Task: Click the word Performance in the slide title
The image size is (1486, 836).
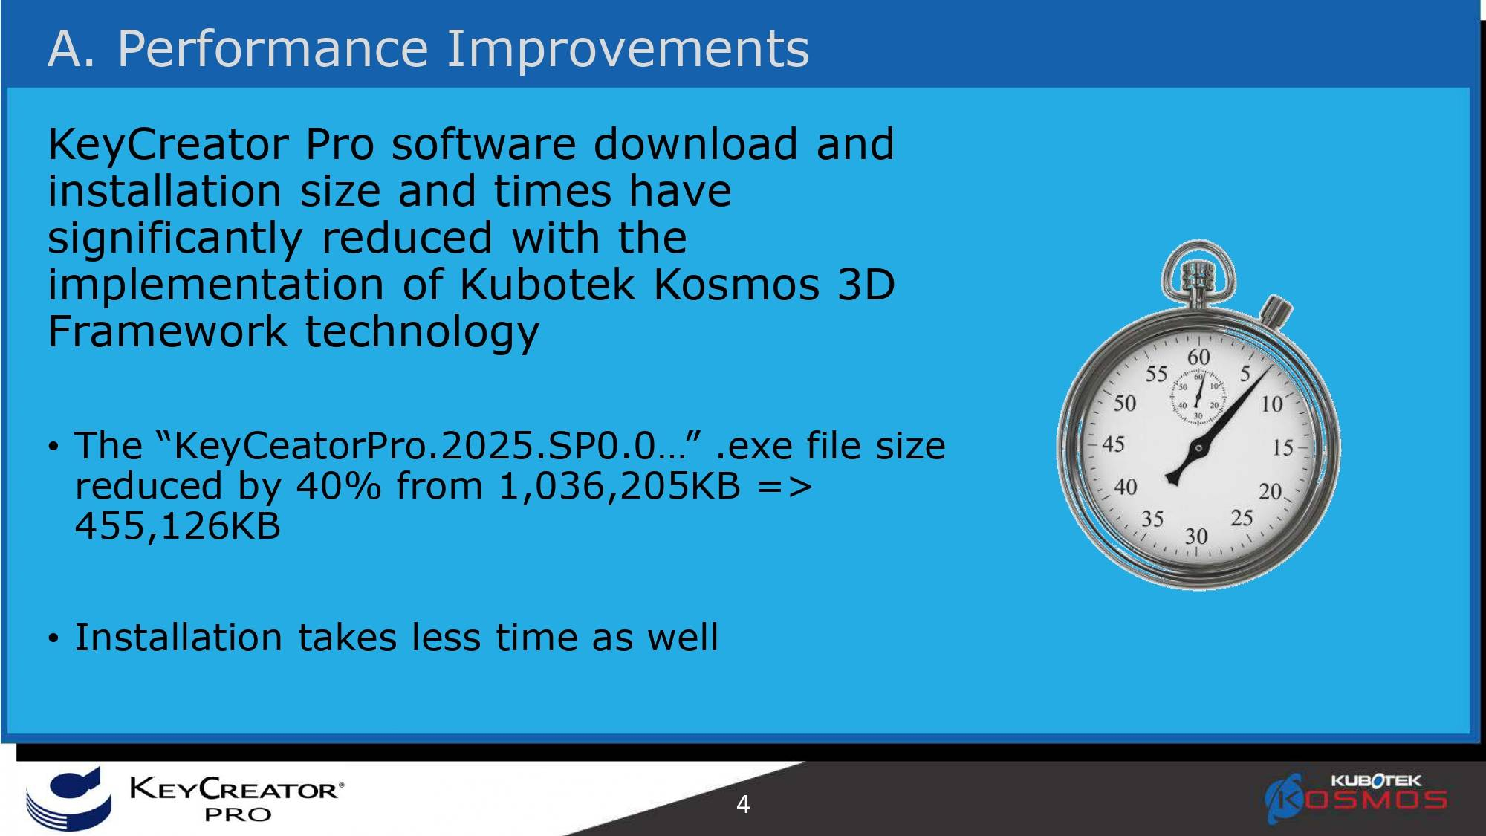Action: click(x=273, y=49)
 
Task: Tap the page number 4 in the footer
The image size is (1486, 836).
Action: click(x=743, y=804)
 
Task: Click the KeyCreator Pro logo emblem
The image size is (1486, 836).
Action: click(x=68, y=798)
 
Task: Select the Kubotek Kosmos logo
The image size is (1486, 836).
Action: click(x=1357, y=798)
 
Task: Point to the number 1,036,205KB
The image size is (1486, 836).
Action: click(x=620, y=487)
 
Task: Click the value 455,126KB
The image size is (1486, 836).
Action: click(x=178, y=526)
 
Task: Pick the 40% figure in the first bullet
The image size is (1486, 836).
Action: click(x=338, y=486)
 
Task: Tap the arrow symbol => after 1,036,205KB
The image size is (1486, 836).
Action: click(x=785, y=487)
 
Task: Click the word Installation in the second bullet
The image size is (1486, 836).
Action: click(x=178, y=637)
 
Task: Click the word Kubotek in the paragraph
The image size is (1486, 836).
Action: click(x=548, y=284)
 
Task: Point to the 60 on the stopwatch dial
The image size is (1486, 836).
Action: click(x=1198, y=357)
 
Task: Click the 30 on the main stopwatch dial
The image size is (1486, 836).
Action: click(x=1196, y=536)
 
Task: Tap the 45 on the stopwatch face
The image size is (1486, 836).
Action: click(x=1113, y=444)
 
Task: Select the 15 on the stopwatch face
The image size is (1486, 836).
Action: click(x=1283, y=448)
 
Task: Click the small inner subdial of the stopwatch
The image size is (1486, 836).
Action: click(x=1198, y=395)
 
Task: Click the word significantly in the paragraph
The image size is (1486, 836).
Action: click(x=175, y=239)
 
